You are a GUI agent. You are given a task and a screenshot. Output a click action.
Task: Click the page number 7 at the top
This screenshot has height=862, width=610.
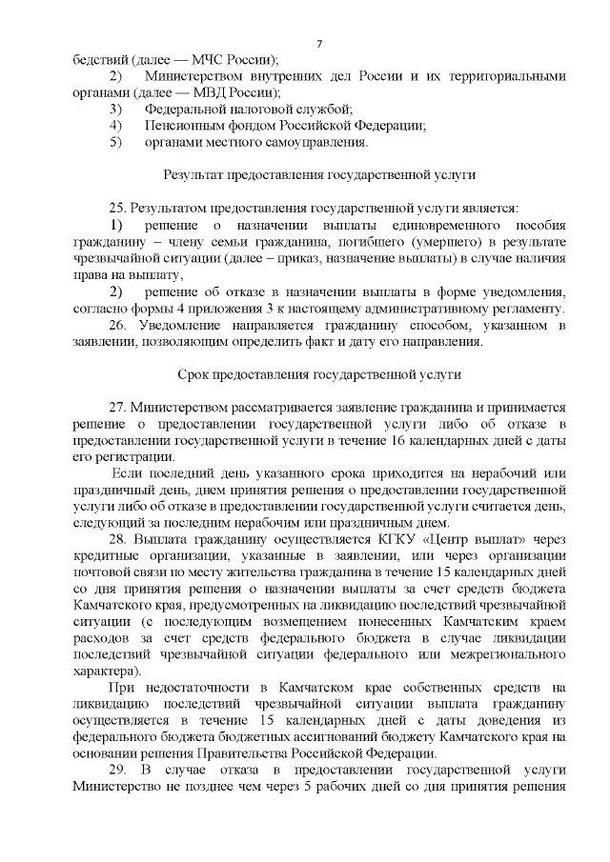319,44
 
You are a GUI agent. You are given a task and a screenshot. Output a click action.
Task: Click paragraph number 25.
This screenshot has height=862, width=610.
118,209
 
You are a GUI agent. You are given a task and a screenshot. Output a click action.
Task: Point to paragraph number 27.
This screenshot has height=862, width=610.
118,408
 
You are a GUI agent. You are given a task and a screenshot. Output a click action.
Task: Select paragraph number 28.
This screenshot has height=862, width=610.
118,540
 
